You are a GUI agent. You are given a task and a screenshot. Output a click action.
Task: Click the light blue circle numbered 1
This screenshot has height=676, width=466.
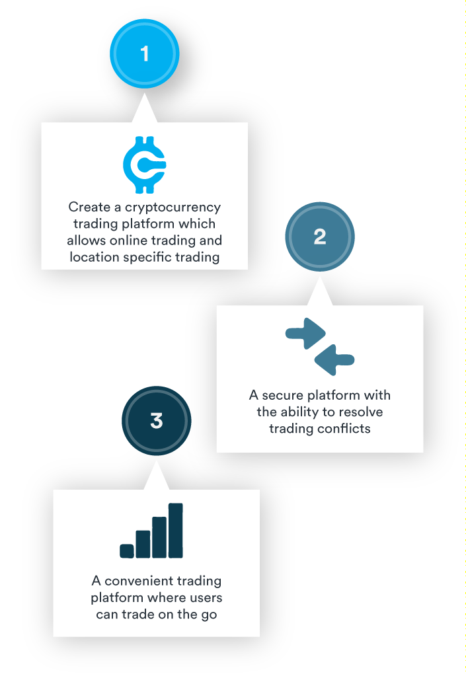click(x=145, y=54)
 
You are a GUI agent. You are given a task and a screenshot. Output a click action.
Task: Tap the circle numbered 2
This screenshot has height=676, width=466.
click(x=320, y=237)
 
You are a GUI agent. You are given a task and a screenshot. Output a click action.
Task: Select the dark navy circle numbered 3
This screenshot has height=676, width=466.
click(x=157, y=420)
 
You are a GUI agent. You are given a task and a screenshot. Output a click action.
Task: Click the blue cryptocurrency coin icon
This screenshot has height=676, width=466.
click(x=145, y=165)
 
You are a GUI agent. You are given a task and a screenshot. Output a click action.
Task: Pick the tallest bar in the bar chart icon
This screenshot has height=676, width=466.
click(x=176, y=531)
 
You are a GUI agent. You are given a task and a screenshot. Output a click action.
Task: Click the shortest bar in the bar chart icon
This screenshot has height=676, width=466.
click(x=127, y=550)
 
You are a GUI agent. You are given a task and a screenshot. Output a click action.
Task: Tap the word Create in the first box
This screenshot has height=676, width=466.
click(x=86, y=207)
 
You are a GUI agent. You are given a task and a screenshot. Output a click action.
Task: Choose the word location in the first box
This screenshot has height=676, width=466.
click(x=95, y=257)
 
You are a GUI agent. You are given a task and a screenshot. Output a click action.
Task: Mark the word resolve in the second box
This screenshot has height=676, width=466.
click(x=360, y=412)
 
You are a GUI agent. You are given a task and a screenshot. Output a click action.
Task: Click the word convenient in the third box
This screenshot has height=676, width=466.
click(x=139, y=582)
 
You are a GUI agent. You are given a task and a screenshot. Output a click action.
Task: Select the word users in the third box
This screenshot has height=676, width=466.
click(x=202, y=598)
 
